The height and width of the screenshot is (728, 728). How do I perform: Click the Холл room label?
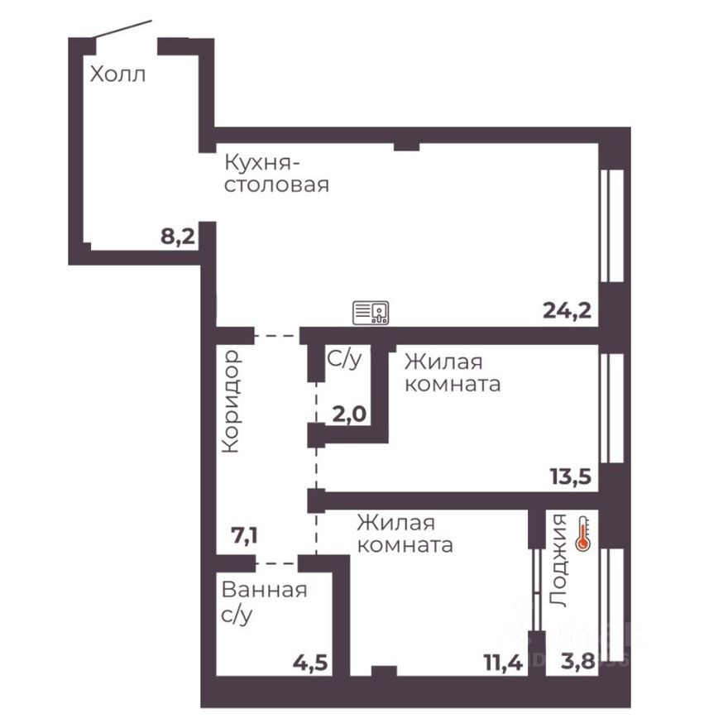coord(117,74)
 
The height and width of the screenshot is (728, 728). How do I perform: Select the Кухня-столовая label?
coord(276,172)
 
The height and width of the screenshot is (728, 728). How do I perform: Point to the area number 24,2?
coord(567,310)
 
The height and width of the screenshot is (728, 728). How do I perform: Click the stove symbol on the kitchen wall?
coord(371,313)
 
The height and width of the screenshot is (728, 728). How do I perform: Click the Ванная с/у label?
coord(264,602)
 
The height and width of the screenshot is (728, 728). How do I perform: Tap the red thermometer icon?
coord(582,534)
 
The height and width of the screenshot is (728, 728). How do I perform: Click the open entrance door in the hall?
coord(122,31)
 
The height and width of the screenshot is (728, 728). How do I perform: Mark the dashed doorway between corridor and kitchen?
coord(276,336)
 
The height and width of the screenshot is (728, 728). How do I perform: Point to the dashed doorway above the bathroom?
coord(276,563)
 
